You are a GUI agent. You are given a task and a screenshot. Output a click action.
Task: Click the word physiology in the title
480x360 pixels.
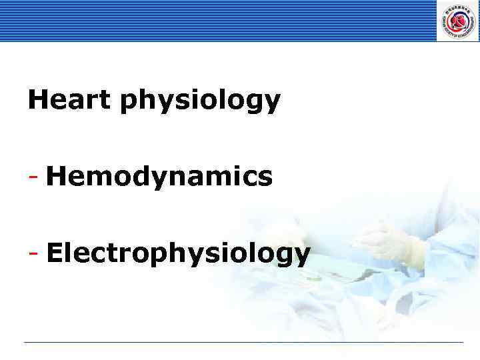pyautogui.click(x=201, y=102)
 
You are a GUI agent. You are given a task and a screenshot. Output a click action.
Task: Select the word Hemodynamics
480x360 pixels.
pyautogui.click(x=159, y=177)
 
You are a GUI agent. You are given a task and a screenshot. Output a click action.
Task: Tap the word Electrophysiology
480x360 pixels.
pyautogui.click(x=178, y=254)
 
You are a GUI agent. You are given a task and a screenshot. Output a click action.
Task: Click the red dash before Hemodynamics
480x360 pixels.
pyautogui.click(x=33, y=178)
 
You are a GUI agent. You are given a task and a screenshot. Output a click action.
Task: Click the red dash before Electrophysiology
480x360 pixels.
pyautogui.click(x=33, y=254)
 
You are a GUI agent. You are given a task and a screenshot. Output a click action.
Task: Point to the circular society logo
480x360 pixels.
pyautogui.click(x=458, y=21)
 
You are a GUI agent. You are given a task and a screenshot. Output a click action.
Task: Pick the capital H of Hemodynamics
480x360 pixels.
pyautogui.click(x=57, y=177)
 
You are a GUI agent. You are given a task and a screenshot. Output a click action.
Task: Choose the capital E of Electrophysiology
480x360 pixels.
pyautogui.click(x=55, y=253)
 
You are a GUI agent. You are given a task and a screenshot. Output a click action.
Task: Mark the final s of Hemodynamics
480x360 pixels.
pyautogui.click(x=265, y=179)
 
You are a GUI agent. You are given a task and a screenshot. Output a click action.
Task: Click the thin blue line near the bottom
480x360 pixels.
pyautogui.click(x=243, y=343)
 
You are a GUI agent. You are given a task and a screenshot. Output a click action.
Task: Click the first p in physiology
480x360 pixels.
pyautogui.click(x=129, y=103)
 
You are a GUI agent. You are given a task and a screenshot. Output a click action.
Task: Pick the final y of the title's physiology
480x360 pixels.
pyautogui.click(x=273, y=104)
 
